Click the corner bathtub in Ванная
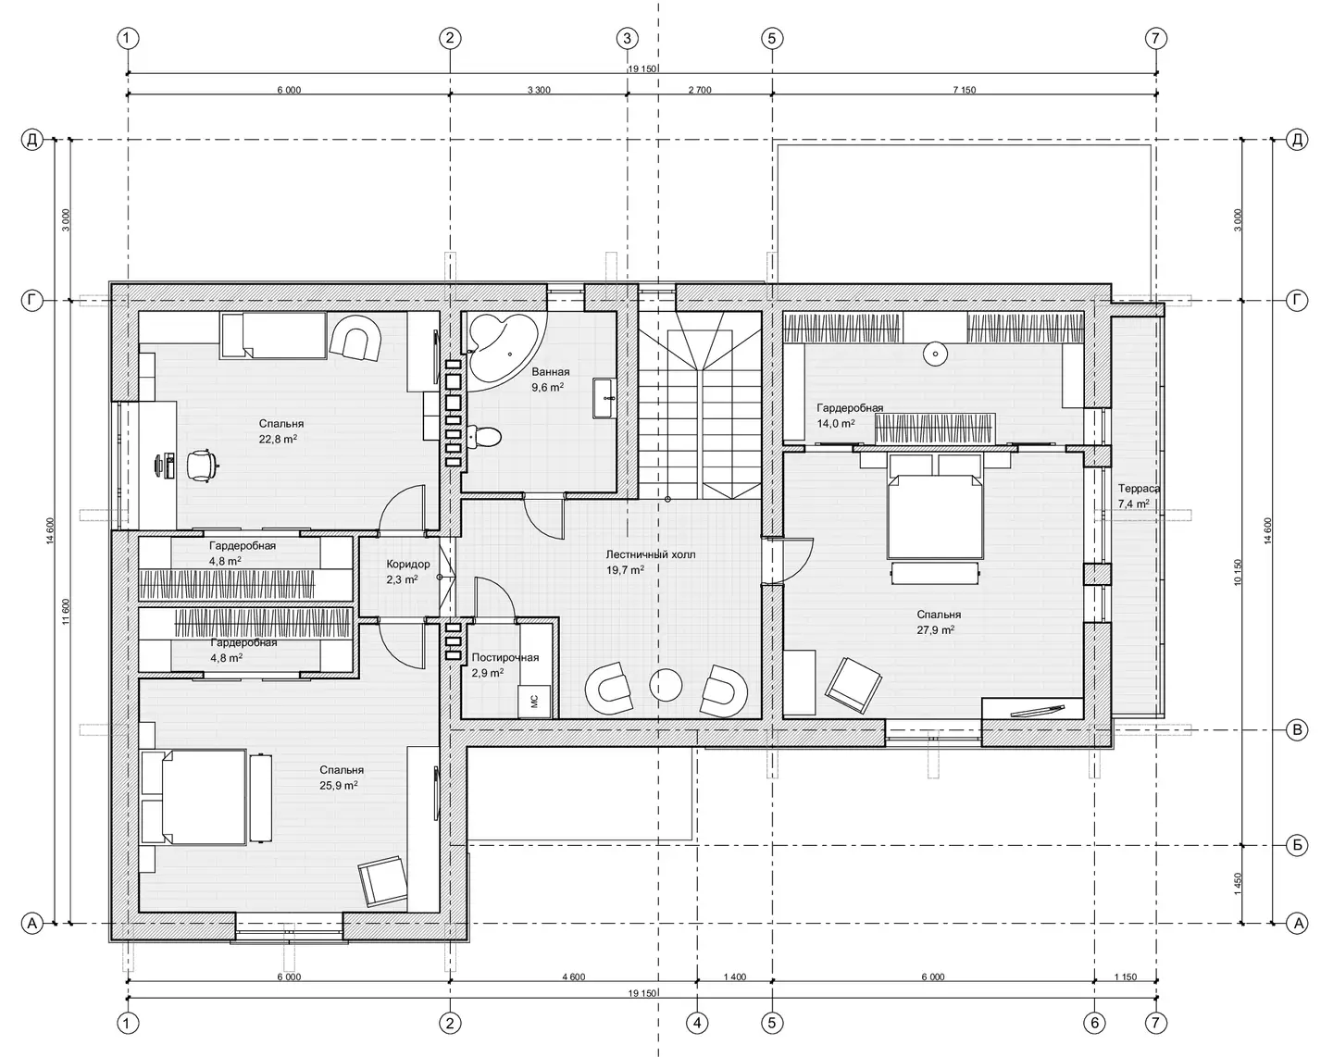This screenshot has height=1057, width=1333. tap(502, 346)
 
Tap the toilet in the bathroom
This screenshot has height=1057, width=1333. tap(483, 437)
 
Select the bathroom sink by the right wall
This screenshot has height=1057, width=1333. tap(604, 398)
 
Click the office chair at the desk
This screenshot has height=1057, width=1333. tap(202, 466)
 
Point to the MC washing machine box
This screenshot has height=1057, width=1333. tap(534, 702)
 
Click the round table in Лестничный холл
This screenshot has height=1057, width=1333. tap(666, 685)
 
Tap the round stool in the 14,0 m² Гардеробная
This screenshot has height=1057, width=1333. tap(935, 354)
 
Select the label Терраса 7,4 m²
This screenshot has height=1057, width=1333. tap(1139, 496)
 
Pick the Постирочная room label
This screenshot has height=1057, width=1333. tap(505, 657)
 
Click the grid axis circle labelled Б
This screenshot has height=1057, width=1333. tap(1297, 845)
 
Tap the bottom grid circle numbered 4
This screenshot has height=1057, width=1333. tap(697, 1024)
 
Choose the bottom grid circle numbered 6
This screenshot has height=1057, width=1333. tap(1094, 1024)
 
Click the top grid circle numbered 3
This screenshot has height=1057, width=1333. tap(627, 39)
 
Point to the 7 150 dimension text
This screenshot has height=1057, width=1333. tap(964, 90)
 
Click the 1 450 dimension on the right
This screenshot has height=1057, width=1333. tap(1238, 884)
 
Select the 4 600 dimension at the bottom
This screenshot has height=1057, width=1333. tap(574, 977)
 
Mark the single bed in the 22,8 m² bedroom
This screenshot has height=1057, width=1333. tap(274, 335)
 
